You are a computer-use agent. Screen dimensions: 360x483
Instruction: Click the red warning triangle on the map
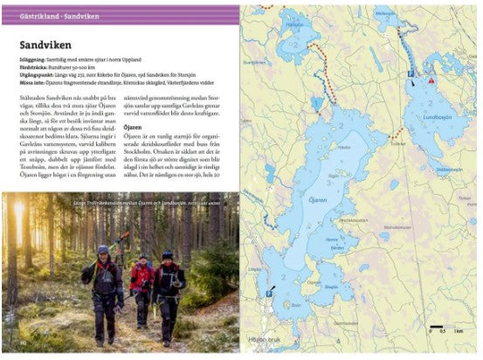[x=431, y=80]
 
